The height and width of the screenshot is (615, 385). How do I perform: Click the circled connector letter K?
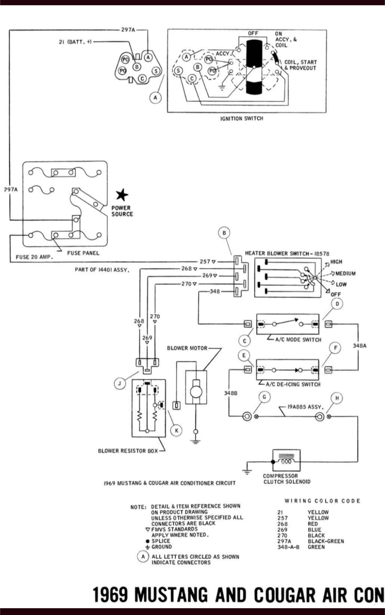(176, 430)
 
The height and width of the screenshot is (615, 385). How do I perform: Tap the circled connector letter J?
(120, 383)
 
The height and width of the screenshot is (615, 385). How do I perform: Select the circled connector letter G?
(264, 397)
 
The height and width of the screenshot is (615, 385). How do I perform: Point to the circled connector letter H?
(337, 398)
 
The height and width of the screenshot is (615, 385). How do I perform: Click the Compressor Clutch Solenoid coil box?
(286, 461)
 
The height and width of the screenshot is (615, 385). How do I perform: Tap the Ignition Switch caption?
(242, 118)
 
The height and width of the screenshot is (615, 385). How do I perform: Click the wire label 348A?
(359, 346)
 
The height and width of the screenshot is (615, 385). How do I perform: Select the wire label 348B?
(231, 393)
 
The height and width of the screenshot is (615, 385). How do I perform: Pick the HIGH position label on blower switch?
(336, 262)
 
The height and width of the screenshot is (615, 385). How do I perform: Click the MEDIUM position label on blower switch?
(346, 273)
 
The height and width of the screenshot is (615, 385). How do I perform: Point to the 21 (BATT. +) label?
(75, 42)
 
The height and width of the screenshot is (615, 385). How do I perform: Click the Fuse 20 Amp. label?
(34, 257)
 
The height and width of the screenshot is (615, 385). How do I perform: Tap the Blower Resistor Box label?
(128, 451)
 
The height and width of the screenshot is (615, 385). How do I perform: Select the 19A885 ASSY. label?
(306, 407)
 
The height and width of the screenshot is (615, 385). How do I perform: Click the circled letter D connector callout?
(337, 304)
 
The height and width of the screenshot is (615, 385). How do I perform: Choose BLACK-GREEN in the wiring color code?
(326, 541)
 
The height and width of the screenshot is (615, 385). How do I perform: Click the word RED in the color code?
(312, 524)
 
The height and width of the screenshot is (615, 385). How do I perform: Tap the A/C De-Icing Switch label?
(293, 385)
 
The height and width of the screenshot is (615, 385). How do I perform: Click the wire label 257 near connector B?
(205, 262)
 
